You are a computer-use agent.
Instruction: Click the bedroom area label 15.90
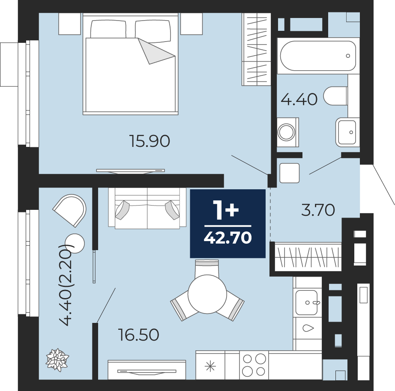pos(150,141)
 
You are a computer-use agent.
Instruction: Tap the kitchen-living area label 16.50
pos(138,335)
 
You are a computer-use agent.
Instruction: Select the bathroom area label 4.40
pos(299,99)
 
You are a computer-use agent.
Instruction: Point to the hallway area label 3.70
pos(318,210)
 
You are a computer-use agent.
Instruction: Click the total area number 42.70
pos(228,238)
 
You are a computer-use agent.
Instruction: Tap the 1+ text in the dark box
pos(226,210)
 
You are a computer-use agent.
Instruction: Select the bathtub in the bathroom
pos(318,56)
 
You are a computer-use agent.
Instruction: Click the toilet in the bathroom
pos(335,96)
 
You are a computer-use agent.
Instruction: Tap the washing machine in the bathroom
pos(288,132)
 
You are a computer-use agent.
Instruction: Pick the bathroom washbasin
pos(347,132)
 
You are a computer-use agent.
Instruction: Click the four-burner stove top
pos(254,365)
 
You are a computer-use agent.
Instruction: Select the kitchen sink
pos(306,302)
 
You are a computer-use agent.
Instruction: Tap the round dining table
pos(207,294)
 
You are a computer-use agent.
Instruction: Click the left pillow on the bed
pos(108,29)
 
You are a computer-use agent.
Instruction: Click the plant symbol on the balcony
pos(57,360)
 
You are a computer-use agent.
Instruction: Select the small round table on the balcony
pos(75,243)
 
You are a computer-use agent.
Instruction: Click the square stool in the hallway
pos(290,173)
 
